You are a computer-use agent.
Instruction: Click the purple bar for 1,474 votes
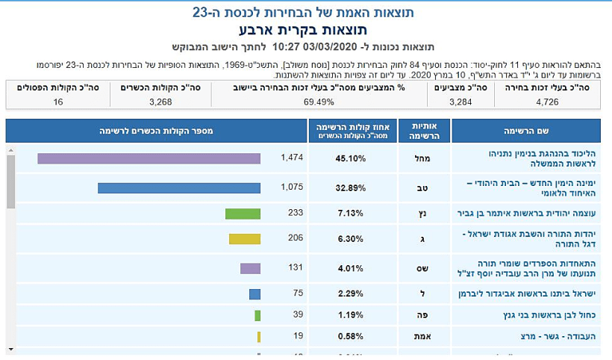click(x=149, y=158)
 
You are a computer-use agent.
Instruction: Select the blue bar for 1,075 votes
click(x=178, y=188)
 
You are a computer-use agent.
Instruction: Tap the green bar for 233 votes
click(x=243, y=214)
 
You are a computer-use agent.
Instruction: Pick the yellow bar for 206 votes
click(x=244, y=239)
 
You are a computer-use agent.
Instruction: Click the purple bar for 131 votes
click(x=250, y=268)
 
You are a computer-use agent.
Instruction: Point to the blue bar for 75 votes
click(x=255, y=294)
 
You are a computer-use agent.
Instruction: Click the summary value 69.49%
click(x=319, y=102)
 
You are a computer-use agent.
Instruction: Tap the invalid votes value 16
click(x=58, y=102)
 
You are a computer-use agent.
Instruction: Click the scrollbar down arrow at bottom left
click(x=10, y=348)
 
